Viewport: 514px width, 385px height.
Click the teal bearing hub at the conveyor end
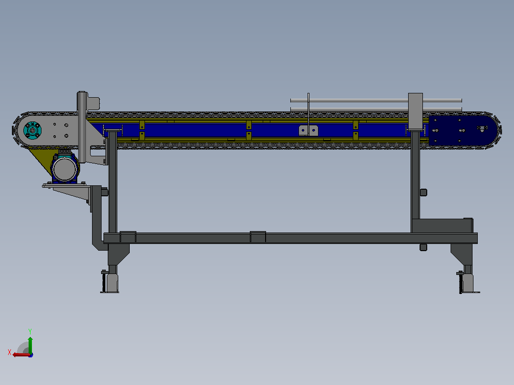pyautogui.click(x=32, y=130)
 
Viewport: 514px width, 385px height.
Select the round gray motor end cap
pyautogui.click(x=64, y=169)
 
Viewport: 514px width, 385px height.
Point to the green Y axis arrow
pyautogui.click(x=30, y=344)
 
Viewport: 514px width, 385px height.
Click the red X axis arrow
pyautogui.click(x=21, y=355)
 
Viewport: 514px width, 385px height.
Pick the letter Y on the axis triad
pyautogui.click(x=30, y=331)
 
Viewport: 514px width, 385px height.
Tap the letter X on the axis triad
pyautogui.click(x=10, y=352)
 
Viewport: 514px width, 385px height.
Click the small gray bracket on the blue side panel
pyautogui.click(x=308, y=131)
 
